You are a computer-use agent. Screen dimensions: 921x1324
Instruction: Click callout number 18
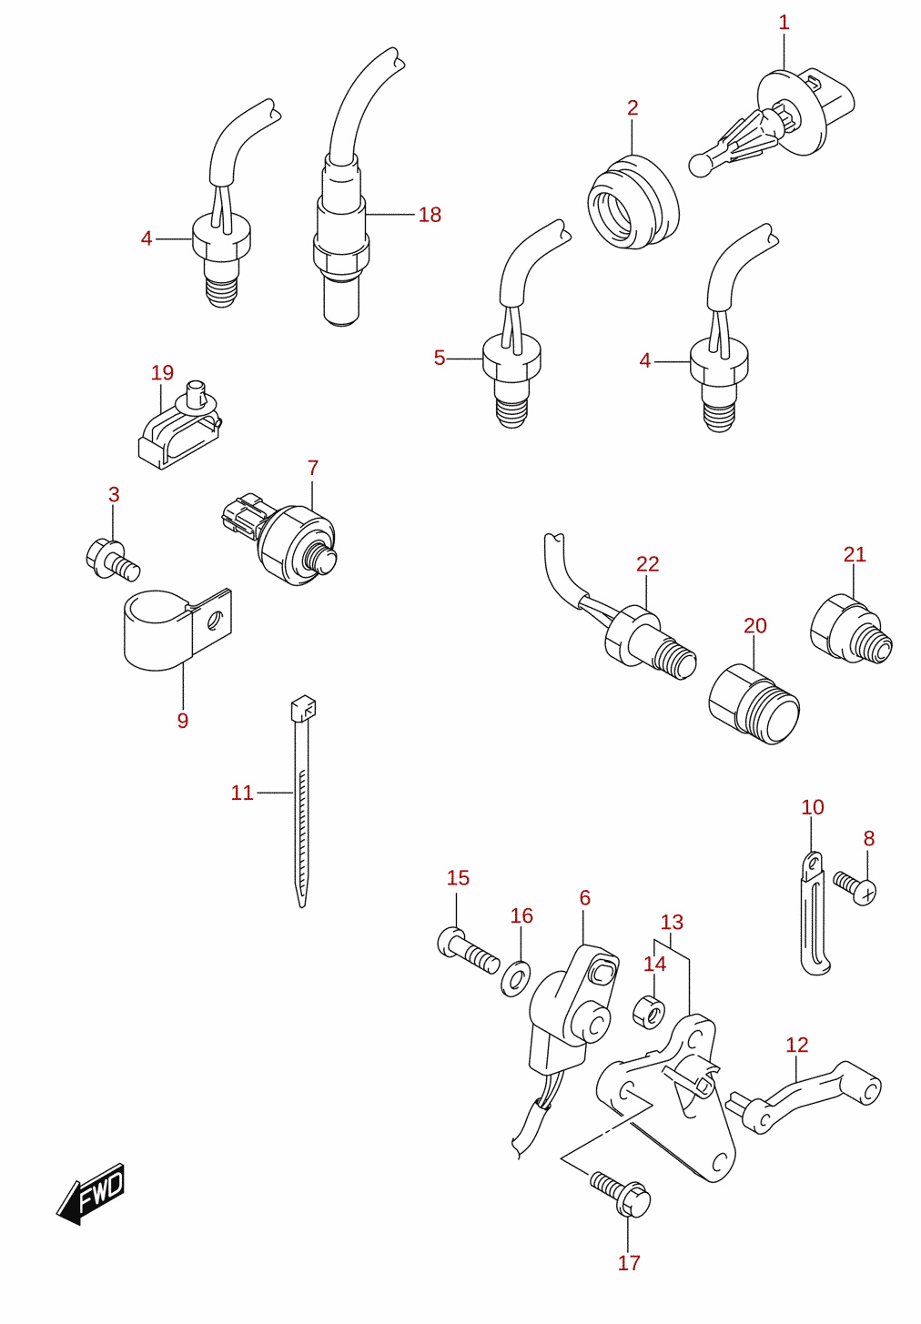430,215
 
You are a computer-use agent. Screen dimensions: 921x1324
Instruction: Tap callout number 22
647,564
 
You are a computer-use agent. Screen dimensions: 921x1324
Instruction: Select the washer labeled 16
515,979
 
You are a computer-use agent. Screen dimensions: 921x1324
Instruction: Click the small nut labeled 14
649,1011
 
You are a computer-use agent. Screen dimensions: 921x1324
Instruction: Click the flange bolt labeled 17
620,1192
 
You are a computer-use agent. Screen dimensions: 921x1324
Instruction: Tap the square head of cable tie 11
303,706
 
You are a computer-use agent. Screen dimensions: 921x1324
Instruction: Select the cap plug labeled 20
754,704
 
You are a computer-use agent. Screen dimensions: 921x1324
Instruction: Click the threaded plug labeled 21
851,629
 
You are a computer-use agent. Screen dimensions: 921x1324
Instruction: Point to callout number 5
440,358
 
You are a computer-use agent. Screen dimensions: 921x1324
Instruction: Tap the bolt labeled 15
468,950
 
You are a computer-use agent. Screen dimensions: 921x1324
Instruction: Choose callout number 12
797,1045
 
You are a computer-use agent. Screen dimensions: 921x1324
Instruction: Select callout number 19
162,372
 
